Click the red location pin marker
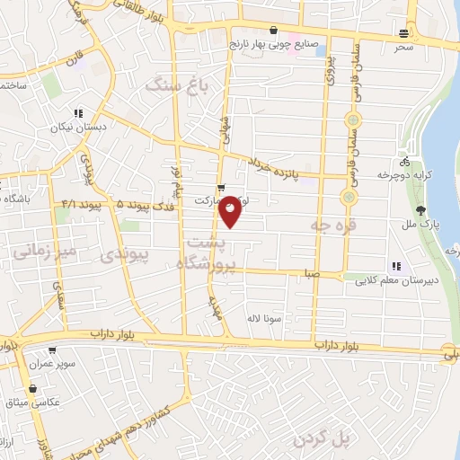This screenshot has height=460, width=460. pos(231,210)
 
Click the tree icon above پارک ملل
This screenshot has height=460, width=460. pos(435,209)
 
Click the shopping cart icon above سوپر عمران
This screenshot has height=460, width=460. pos(51,349)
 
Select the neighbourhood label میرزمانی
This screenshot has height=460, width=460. pos(38,249)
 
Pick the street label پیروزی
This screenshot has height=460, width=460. pos(329,68)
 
